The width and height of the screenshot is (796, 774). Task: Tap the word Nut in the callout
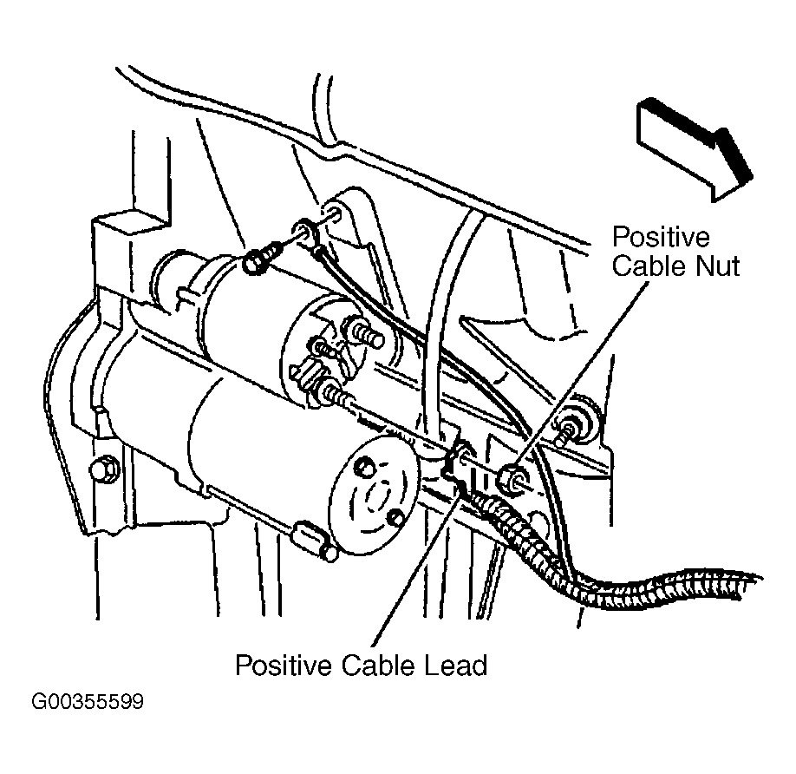point(717,266)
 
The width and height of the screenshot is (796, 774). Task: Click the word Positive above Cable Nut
point(661,237)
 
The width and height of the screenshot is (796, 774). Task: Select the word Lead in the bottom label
point(455,665)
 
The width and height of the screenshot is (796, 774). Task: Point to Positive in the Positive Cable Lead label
point(284,665)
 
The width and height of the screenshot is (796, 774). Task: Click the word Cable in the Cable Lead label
point(378,665)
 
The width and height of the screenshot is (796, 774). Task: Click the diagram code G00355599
point(88,701)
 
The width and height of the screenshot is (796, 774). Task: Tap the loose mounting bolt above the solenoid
point(261,258)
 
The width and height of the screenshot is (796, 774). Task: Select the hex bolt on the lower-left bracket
point(104,469)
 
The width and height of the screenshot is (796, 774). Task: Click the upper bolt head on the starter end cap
point(365,467)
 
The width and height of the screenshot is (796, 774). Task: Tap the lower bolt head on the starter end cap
point(395,518)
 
